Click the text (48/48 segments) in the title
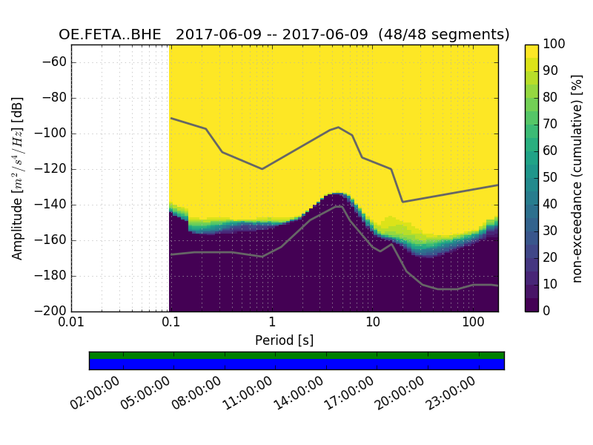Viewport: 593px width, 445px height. tap(444, 35)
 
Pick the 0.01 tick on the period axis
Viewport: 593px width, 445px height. tap(71, 323)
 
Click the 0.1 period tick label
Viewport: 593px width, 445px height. tap(171, 323)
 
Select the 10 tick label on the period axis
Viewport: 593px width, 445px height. tap(373, 323)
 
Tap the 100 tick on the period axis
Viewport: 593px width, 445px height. tap(473, 323)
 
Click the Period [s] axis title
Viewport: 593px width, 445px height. tap(285, 340)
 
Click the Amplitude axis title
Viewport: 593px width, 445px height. tap(18, 178)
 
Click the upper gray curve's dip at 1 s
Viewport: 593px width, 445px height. tap(262, 168)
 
